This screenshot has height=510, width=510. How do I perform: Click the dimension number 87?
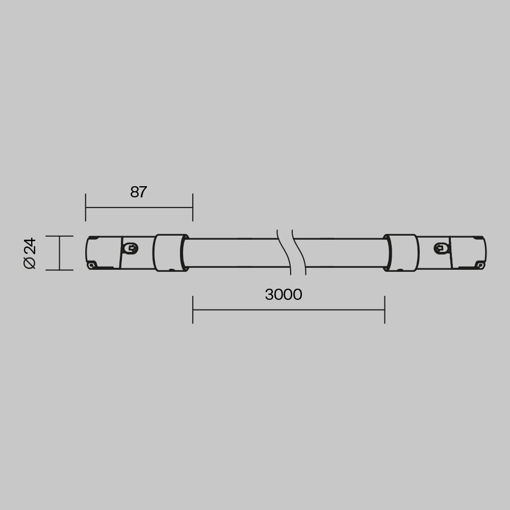(x=138, y=192)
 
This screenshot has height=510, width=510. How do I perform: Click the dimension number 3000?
(x=283, y=295)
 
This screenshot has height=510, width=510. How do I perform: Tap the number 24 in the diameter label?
(x=30, y=245)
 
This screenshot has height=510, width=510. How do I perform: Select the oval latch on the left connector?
(x=131, y=248)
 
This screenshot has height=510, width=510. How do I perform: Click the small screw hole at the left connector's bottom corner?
(x=92, y=265)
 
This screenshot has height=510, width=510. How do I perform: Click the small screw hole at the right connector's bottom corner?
(x=480, y=265)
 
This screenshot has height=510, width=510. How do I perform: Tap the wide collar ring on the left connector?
(x=170, y=252)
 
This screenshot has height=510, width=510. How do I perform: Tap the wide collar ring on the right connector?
(x=402, y=252)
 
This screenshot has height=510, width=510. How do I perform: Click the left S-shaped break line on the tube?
(x=284, y=252)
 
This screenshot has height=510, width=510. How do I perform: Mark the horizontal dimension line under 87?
(x=139, y=208)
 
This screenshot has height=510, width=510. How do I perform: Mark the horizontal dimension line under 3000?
(x=288, y=310)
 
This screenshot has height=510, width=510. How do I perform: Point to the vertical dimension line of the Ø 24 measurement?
(x=60, y=253)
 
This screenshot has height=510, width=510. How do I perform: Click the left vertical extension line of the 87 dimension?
(x=86, y=208)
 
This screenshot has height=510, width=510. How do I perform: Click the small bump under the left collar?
(x=171, y=270)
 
